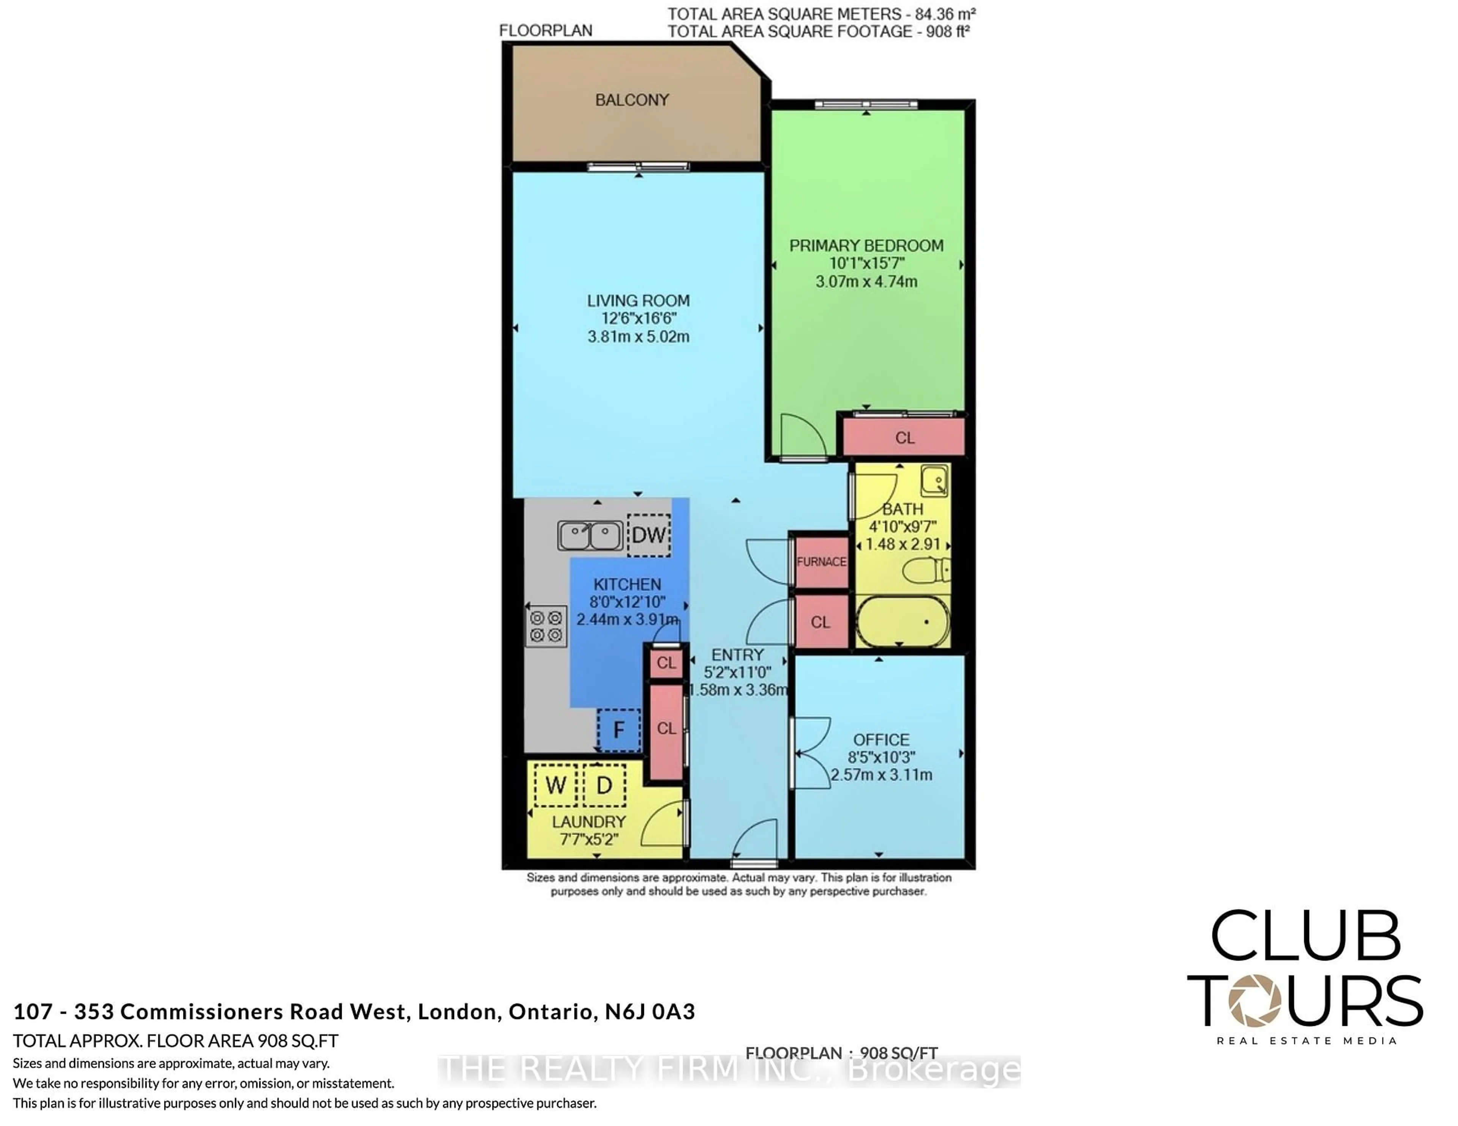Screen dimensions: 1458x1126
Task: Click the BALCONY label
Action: [x=631, y=100]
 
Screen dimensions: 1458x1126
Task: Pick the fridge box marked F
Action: [x=619, y=730]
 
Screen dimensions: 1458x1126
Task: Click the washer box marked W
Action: [x=555, y=785]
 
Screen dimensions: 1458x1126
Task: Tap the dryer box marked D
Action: [x=604, y=785]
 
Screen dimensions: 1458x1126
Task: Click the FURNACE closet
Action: [x=821, y=561]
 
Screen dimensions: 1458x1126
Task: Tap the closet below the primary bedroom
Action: [x=904, y=437]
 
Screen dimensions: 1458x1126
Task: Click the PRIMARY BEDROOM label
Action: [x=866, y=245]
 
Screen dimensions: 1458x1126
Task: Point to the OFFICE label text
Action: [x=881, y=740]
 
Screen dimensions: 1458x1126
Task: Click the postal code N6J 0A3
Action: [x=650, y=1012]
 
